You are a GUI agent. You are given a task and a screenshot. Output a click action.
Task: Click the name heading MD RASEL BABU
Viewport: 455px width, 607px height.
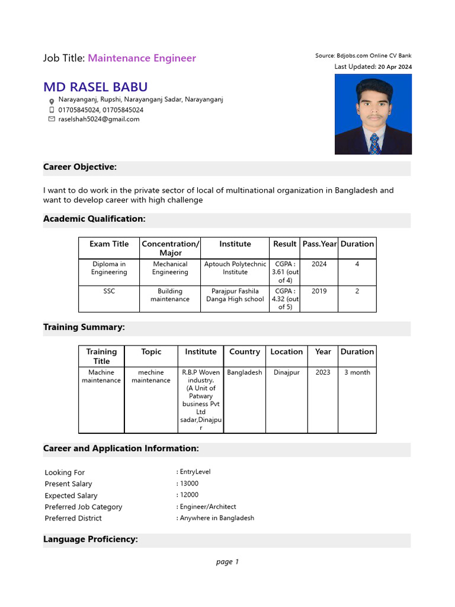pyautogui.click(x=95, y=87)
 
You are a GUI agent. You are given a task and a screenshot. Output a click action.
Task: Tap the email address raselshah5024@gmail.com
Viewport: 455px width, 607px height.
pyautogui.click(x=99, y=119)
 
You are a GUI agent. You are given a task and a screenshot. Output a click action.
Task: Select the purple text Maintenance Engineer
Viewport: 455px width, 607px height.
pyautogui.click(x=142, y=58)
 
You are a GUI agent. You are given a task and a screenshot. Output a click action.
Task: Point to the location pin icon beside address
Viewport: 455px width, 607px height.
pyautogui.click(x=52, y=101)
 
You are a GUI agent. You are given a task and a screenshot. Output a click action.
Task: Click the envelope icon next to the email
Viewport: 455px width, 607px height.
pyautogui.click(x=52, y=119)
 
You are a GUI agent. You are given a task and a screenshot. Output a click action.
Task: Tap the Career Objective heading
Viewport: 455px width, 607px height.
pyautogui.click(x=80, y=167)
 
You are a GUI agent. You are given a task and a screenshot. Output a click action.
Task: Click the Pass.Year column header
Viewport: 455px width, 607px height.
pyautogui.click(x=319, y=244)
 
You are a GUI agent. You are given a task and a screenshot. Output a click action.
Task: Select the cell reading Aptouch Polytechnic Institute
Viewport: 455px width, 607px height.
pyautogui.click(x=235, y=268)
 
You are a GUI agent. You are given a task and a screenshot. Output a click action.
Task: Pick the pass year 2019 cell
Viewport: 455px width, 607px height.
pyautogui.click(x=319, y=291)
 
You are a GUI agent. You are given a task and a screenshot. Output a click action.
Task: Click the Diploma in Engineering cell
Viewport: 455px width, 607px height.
pyautogui.click(x=109, y=268)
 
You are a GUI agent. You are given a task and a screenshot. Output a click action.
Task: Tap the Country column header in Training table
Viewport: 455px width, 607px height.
pyautogui.click(x=245, y=352)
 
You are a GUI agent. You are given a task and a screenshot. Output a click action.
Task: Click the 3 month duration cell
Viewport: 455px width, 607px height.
pyautogui.click(x=357, y=372)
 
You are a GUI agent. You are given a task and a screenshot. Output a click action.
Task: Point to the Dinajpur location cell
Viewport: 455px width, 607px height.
pyautogui.click(x=287, y=372)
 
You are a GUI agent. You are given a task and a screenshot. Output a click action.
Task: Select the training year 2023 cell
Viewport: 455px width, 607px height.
pyautogui.click(x=323, y=372)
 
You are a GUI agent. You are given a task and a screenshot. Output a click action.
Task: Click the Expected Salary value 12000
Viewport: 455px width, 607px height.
pyautogui.click(x=190, y=495)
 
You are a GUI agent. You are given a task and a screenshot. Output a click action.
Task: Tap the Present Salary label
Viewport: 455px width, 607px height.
pyautogui.click(x=69, y=484)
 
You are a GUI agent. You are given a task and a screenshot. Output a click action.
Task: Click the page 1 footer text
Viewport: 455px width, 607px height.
pyautogui.click(x=227, y=562)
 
